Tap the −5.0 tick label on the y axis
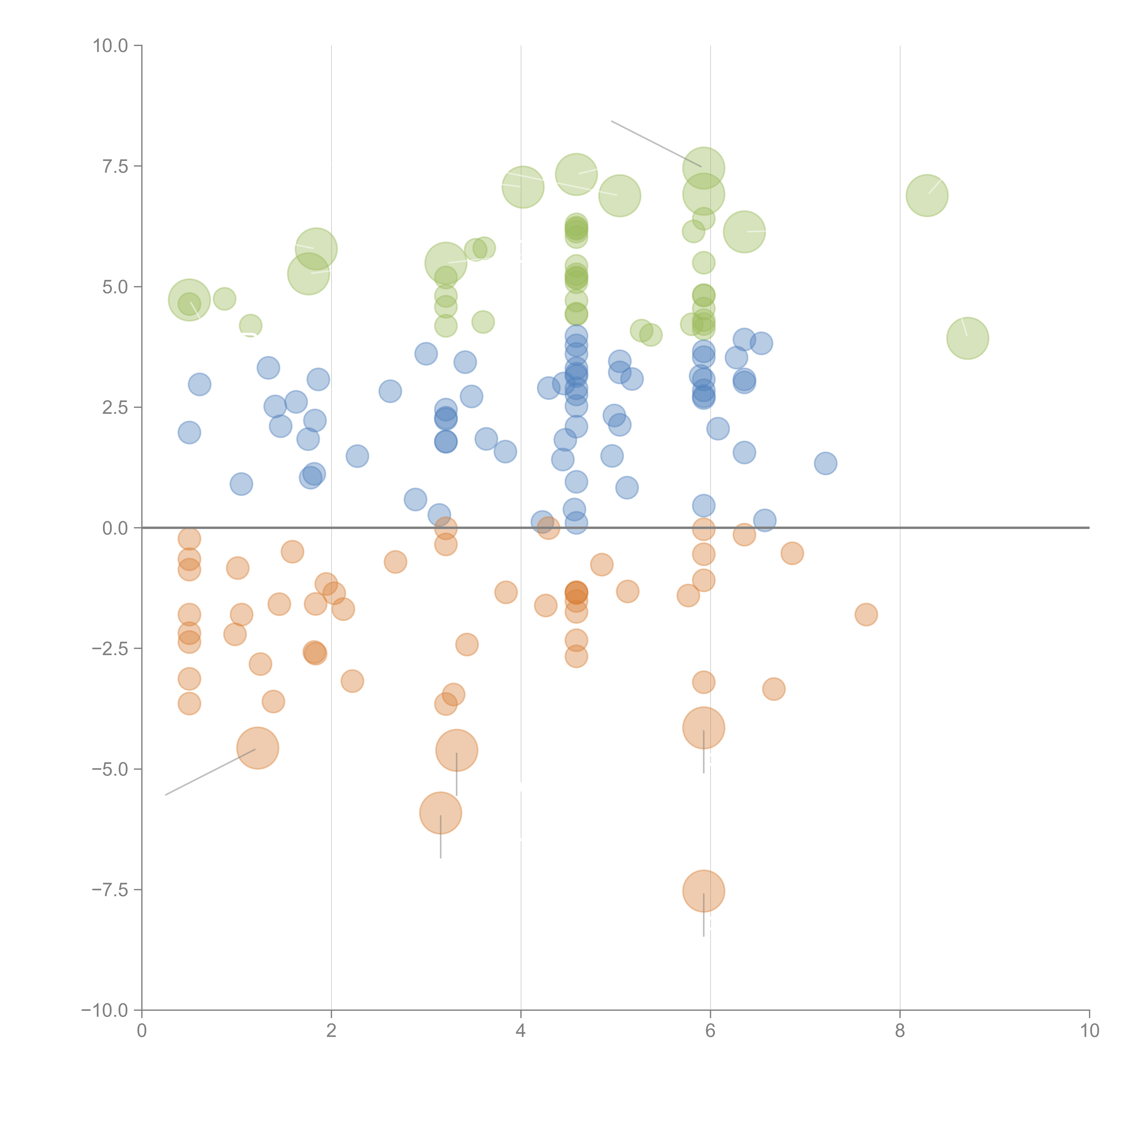(110, 769)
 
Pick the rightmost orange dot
(866, 614)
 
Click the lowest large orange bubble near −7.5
(703, 891)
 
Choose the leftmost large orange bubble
(257, 748)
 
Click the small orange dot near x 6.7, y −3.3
(774, 688)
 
